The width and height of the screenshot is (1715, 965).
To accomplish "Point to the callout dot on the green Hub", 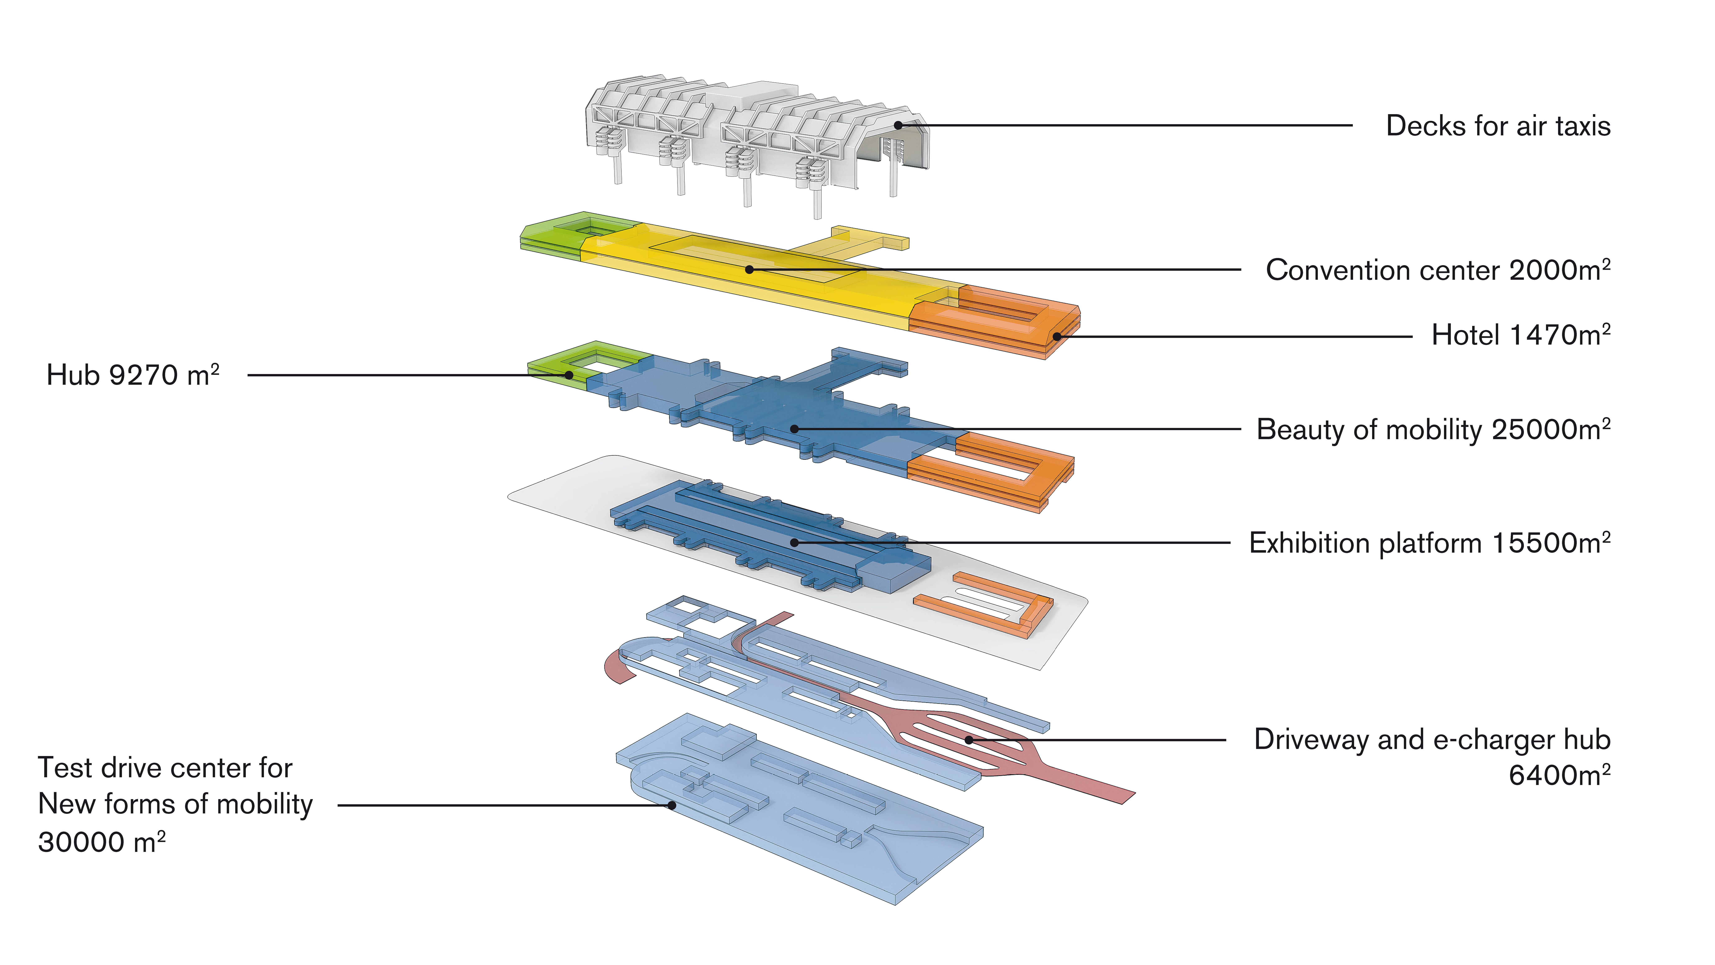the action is pyautogui.click(x=569, y=375).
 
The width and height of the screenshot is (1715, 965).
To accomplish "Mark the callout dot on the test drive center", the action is pyautogui.click(x=672, y=805).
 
